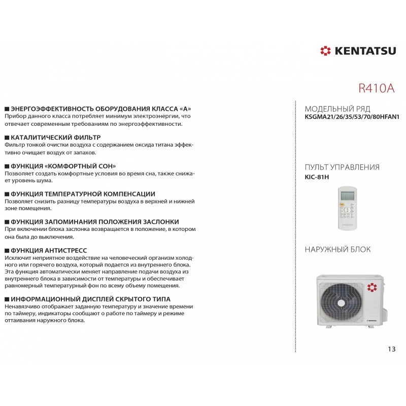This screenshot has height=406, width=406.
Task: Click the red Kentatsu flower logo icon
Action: [x=325, y=51]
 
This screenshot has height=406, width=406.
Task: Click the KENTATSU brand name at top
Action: [x=364, y=51]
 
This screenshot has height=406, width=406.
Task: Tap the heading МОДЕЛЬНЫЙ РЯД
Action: [x=337, y=109]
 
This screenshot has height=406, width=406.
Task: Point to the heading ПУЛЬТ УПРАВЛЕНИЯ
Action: [x=342, y=167]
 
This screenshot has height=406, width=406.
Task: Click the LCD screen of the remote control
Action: [x=348, y=196]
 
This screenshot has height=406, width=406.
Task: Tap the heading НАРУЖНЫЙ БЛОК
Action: [x=337, y=249]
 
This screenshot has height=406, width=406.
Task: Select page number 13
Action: [x=391, y=349]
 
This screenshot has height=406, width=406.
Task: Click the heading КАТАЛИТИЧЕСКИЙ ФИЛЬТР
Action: [x=55, y=138]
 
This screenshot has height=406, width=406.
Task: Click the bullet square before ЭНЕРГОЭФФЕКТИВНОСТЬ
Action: [x=7, y=110]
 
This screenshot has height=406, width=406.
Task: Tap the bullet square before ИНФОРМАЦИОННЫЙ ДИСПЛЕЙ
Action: [x=7, y=299]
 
